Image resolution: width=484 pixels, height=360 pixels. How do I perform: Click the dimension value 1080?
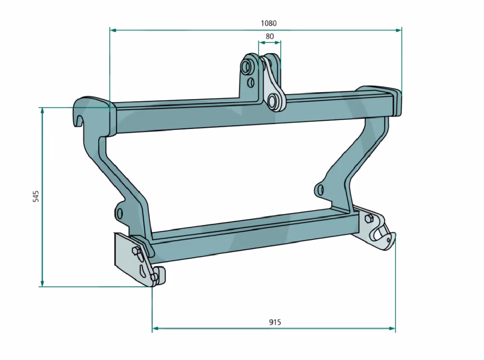point(269,23)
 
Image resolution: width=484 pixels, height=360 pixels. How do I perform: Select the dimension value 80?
point(270,36)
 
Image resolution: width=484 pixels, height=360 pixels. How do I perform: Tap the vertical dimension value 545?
point(36,196)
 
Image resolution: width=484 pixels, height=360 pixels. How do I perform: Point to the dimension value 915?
point(275,322)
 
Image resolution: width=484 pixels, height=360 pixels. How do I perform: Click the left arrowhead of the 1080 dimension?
point(113,30)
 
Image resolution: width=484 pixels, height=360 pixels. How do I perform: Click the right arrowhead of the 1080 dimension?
point(398,30)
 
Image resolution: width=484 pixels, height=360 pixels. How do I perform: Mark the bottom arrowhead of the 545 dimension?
point(42,283)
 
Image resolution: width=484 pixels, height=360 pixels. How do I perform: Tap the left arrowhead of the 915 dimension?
point(155,328)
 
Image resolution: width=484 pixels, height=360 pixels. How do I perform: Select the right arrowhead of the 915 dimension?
point(392,328)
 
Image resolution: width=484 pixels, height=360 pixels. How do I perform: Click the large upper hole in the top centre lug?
point(246,67)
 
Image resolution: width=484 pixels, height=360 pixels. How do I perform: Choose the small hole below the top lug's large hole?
point(251,82)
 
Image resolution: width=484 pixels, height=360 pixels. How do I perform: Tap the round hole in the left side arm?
point(119,213)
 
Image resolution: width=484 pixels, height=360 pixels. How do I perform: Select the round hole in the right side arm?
point(320,189)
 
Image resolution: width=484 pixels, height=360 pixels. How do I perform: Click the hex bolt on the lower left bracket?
point(136,250)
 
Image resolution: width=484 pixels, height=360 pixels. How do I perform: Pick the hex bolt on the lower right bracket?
point(368,218)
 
